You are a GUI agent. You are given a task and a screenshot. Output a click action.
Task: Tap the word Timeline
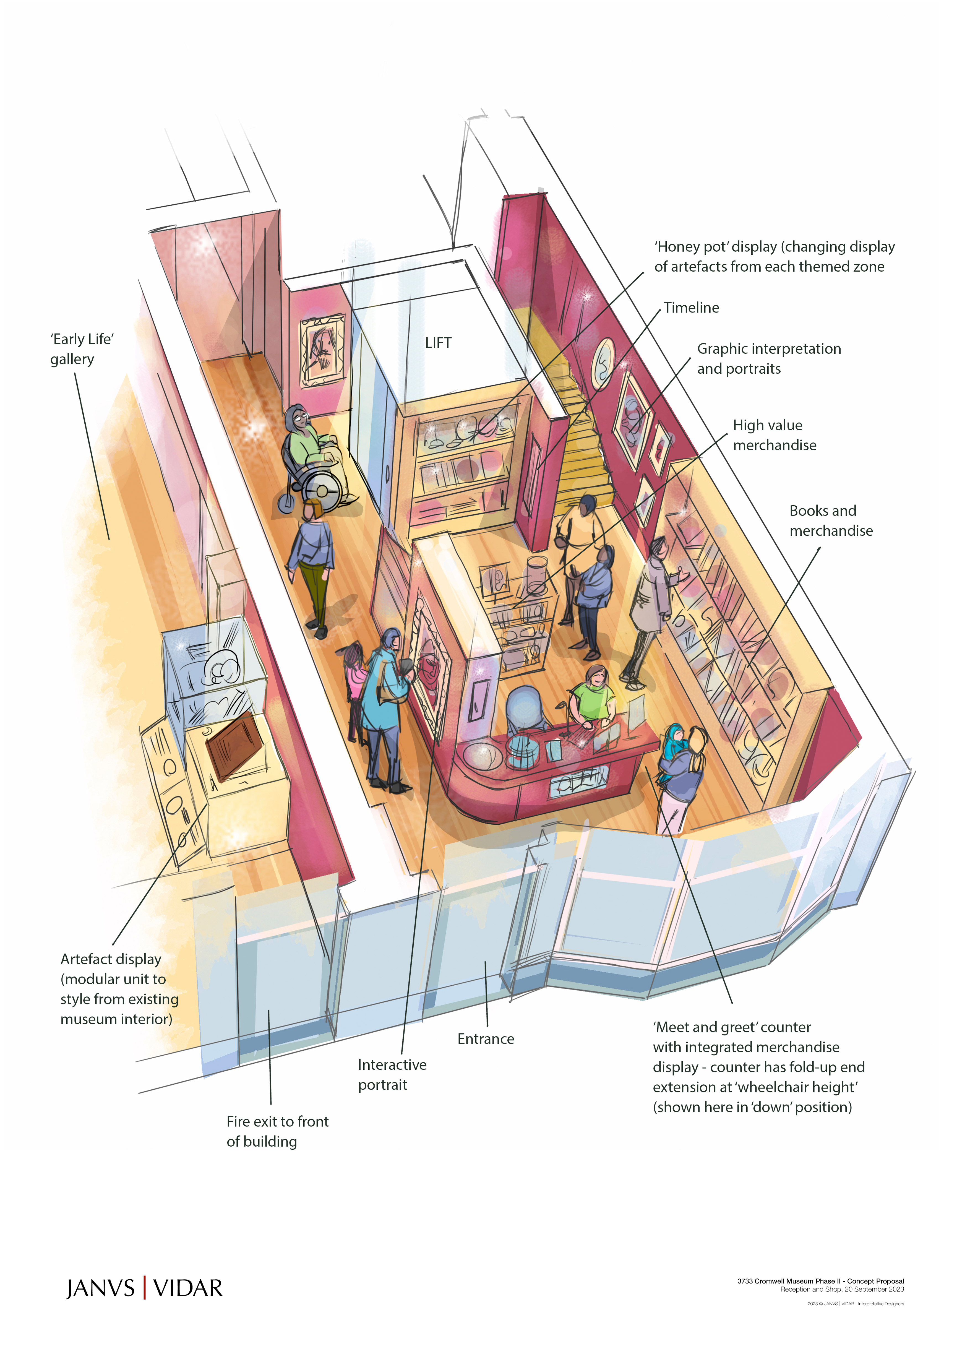pos(691,308)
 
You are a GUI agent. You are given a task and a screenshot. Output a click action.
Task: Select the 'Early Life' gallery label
pos(82,349)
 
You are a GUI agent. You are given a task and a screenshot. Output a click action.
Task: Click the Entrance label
pos(485,1038)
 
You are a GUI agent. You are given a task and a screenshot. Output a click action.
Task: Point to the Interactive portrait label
pos(392,1074)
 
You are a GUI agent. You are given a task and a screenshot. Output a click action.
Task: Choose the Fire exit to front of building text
pos(277,1131)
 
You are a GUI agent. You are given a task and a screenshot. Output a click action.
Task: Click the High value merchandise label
pos(774,435)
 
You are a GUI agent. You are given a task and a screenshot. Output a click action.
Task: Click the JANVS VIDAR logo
pos(144,1288)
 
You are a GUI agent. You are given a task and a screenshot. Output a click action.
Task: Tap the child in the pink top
pos(356,675)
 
